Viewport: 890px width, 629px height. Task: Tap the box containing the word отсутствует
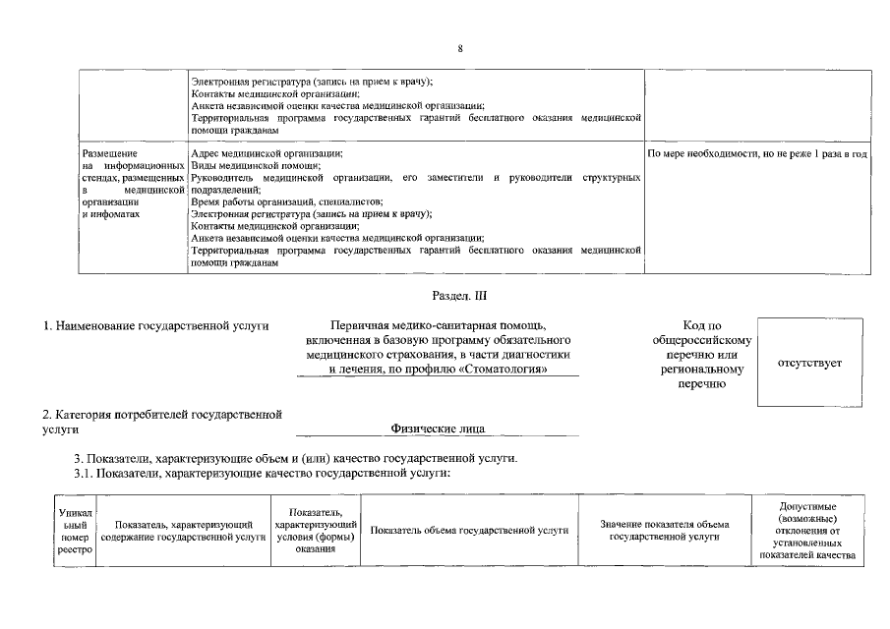[809, 363]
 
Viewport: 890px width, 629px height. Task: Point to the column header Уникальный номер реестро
[75, 531]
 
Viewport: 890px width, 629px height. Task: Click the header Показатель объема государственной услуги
[469, 531]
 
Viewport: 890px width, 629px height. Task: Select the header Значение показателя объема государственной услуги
[665, 531]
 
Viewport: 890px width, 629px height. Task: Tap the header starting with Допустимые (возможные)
[807, 531]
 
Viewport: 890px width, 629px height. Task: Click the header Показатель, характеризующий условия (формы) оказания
[316, 531]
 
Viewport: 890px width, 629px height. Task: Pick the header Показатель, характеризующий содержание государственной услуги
[183, 531]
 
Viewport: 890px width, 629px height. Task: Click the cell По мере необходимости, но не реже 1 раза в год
[756, 155]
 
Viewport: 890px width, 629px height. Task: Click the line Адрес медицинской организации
[267, 154]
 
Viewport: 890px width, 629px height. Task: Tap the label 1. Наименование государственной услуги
[156, 325]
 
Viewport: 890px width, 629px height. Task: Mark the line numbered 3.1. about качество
[263, 473]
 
